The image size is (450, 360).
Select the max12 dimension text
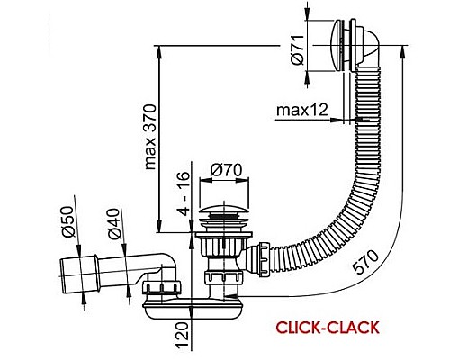(301, 111)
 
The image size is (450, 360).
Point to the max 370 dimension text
(151, 136)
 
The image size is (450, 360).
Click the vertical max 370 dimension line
(159, 135)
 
